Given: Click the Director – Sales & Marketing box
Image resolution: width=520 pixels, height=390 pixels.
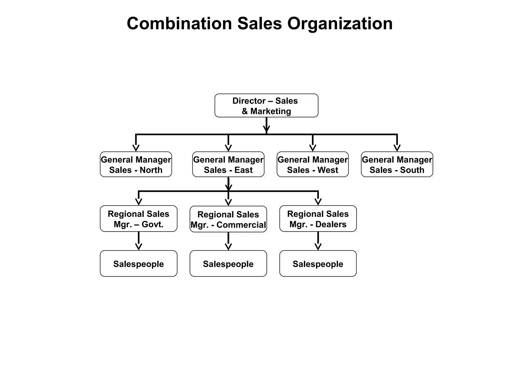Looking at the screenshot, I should (x=266, y=105).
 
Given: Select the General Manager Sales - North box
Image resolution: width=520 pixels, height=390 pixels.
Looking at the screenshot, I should (x=136, y=164).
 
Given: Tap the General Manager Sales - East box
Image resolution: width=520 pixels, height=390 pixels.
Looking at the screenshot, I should (x=228, y=164).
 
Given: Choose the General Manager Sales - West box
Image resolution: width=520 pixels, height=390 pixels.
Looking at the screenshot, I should (x=313, y=164).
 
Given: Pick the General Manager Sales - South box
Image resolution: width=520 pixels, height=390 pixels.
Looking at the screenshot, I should (x=397, y=164).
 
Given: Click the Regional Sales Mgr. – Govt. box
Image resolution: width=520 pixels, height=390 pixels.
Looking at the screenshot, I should (x=138, y=219).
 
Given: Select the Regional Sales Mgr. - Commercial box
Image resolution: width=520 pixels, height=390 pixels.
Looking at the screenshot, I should (x=228, y=219).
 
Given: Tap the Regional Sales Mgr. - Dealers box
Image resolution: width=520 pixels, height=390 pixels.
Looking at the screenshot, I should (x=318, y=219).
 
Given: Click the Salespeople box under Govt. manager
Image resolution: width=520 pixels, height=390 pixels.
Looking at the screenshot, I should (x=138, y=264).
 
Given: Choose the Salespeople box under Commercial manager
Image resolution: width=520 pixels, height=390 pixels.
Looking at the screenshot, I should (x=228, y=264).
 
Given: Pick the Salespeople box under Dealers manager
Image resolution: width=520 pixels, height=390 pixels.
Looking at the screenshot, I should (x=318, y=264).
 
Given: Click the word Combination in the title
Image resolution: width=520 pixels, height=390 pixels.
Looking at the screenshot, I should (x=179, y=23).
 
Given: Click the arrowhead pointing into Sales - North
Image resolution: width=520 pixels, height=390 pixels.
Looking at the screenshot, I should (x=136, y=148).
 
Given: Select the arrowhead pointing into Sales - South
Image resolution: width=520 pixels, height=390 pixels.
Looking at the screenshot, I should (x=397, y=148).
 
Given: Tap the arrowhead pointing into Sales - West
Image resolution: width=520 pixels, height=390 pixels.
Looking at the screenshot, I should (x=313, y=148).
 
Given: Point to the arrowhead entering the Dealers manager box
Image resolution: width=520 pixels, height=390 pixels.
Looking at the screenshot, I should (x=318, y=202).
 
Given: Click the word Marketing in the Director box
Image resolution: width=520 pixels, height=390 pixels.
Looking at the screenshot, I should (x=270, y=111).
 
